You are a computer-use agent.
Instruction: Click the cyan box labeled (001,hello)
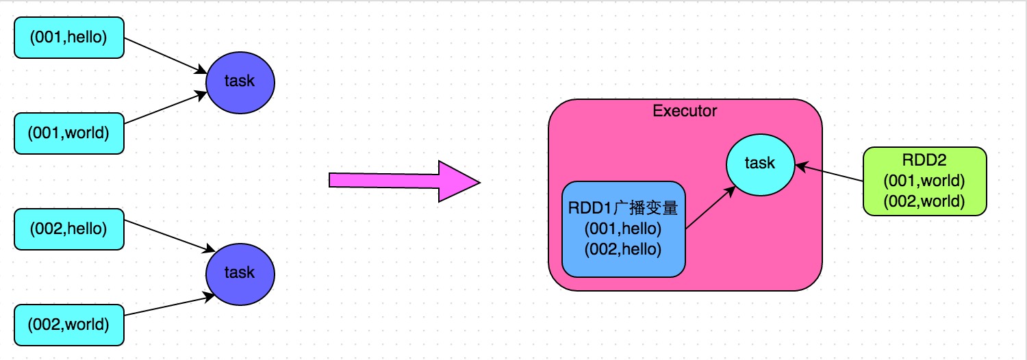pos(68,38)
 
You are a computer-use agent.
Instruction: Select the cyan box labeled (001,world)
pos(68,133)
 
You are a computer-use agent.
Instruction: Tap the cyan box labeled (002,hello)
pos(68,229)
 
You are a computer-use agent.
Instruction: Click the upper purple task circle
pos(240,81)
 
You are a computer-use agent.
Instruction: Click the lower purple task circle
pos(240,272)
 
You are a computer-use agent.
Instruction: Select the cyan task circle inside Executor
pos(760,163)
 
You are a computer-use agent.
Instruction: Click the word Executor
pos(685,111)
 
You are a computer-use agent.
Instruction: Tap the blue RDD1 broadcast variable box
pos(623,229)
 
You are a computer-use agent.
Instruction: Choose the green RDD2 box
pos(924,182)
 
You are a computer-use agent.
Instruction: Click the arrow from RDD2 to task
pos(830,172)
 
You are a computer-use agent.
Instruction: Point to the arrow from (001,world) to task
pos(166,109)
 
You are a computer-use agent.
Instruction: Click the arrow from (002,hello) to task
pos(166,235)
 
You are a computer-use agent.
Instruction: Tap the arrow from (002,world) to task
pos(166,306)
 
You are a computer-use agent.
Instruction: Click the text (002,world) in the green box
pos(924,201)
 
